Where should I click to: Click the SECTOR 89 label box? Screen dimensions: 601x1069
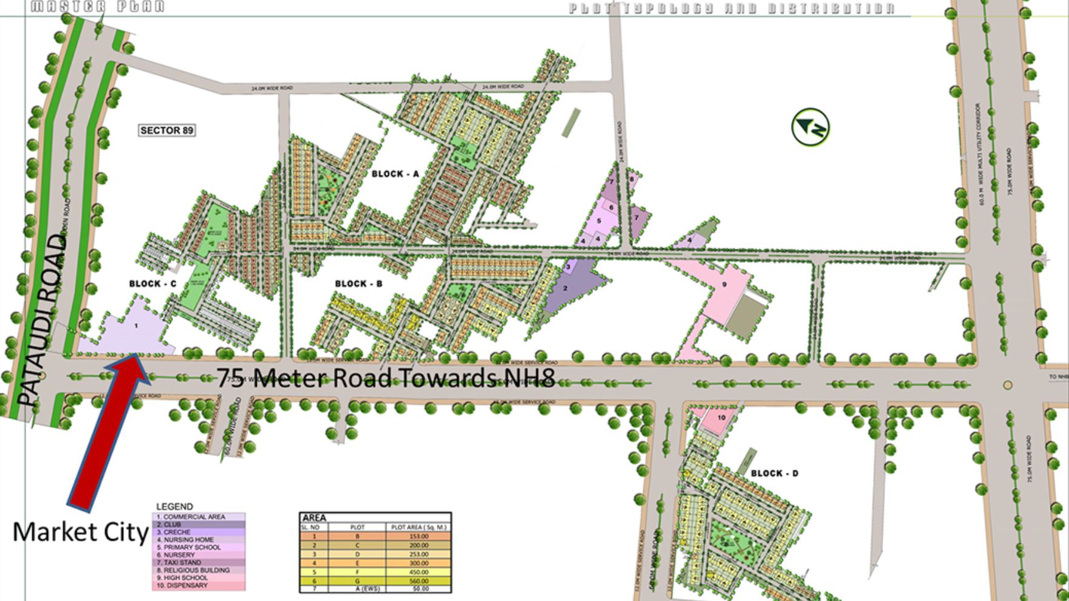(x=167, y=131)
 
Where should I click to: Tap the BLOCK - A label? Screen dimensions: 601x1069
(x=395, y=174)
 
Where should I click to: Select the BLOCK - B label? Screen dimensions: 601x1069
(x=359, y=284)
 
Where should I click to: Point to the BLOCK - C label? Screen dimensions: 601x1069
(x=152, y=284)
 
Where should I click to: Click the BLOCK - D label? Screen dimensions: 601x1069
(x=774, y=474)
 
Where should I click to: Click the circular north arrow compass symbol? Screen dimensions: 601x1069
(x=810, y=127)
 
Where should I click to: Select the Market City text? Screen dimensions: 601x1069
(x=80, y=532)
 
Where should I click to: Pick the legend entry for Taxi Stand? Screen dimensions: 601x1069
(x=182, y=563)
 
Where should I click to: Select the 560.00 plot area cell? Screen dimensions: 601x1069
(x=418, y=581)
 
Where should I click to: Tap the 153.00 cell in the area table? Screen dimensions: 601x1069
(x=418, y=537)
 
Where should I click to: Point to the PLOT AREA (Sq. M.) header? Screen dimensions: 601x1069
(x=418, y=528)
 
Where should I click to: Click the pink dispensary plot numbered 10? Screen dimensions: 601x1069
(x=722, y=418)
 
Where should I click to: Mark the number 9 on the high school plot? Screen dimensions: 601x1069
(x=724, y=285)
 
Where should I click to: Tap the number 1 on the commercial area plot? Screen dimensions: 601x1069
(x=136, y=326)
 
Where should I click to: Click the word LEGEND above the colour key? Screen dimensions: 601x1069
(x=174, y=506)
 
